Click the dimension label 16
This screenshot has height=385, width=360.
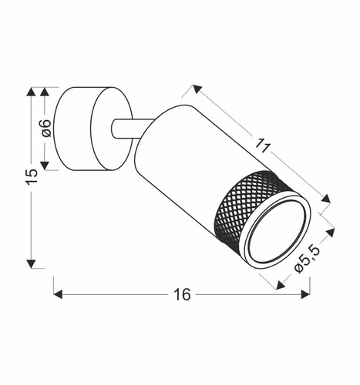tap(182, 294)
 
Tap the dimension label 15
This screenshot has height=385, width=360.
tap(31, 176)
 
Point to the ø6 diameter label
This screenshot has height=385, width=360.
tap(45, 128)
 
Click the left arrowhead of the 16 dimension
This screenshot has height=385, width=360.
tap(58, 294)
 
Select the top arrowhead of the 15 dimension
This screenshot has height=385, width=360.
tap(31, 92)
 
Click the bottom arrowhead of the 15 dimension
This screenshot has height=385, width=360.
tap(31, 263)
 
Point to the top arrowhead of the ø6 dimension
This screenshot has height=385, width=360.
tap(45, 92)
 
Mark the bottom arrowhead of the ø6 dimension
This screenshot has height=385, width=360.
tap(45, 164)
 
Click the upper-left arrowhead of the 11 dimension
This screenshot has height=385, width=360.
tap(197, 89)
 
